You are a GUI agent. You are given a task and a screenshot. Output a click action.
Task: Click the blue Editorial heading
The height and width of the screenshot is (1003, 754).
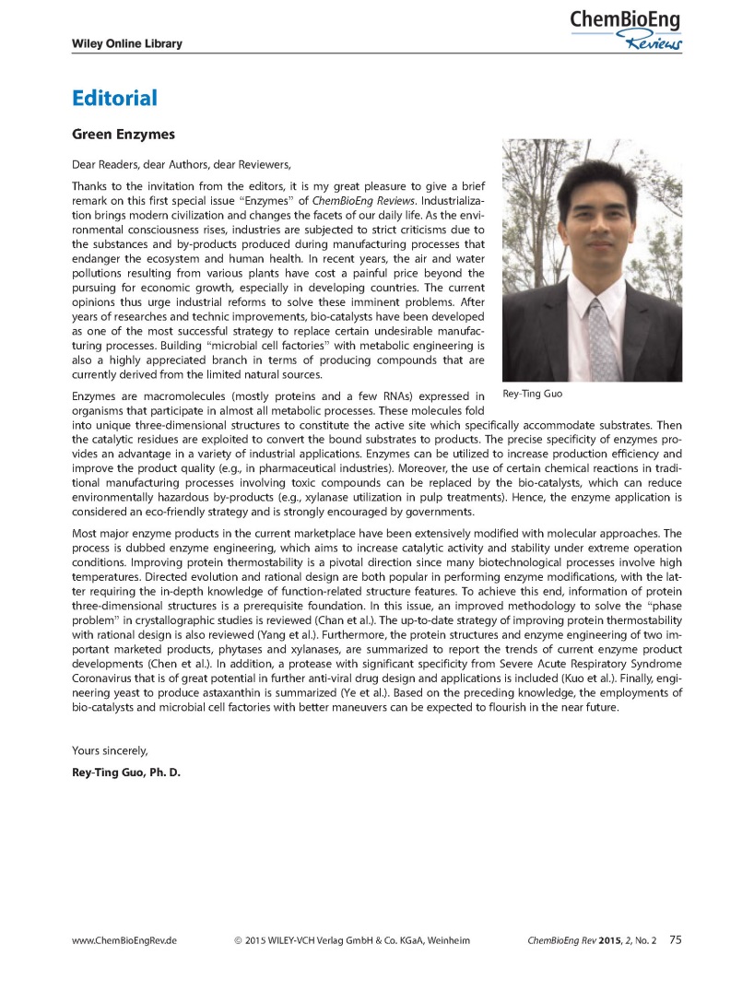pyautogui.click(x=114, y=99)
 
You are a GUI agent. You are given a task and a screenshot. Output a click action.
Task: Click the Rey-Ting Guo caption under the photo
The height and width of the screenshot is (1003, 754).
pyautogui.click(x=533, y=394)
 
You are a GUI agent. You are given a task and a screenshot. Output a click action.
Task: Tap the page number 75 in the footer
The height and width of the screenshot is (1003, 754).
pyautogui.click(x=676, y=940)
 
